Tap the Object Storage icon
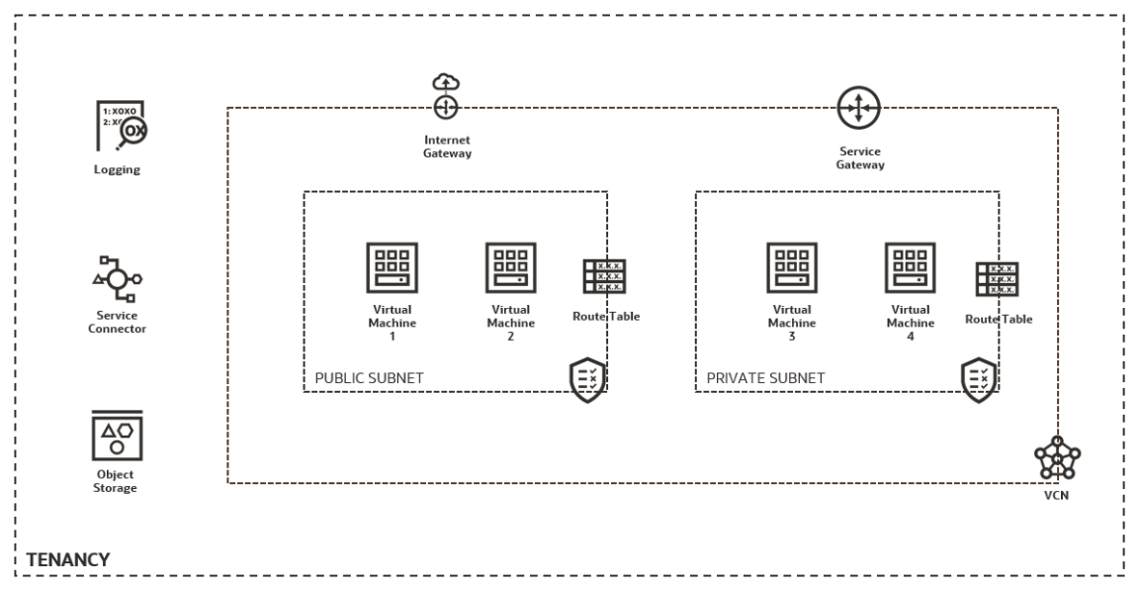(x=117, y=436)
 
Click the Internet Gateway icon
(x=445, y=97)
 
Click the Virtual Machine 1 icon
(x=392, y=267)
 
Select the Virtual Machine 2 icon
(x=511, y=267)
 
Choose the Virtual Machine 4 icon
(x=910, y=267)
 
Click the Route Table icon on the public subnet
(x=603, y=275)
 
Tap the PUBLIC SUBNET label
(x=369, y=378)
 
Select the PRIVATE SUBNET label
(x=765, y=378)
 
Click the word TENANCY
(x=67, y=558)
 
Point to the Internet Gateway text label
(x=447, y=146)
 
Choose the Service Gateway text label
(x=860, y=158)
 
